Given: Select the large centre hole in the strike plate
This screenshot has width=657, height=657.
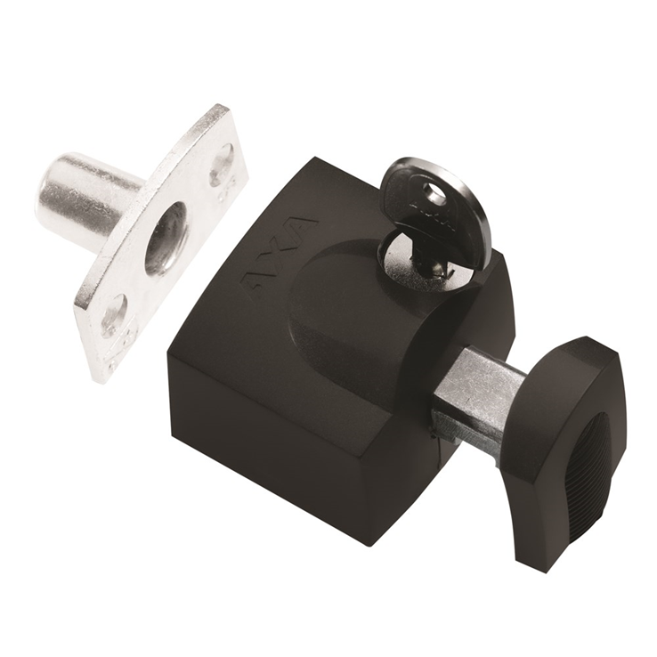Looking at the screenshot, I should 166,237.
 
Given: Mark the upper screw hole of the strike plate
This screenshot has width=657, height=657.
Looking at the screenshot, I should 222,165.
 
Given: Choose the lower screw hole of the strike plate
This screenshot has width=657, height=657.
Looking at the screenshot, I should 113,315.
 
